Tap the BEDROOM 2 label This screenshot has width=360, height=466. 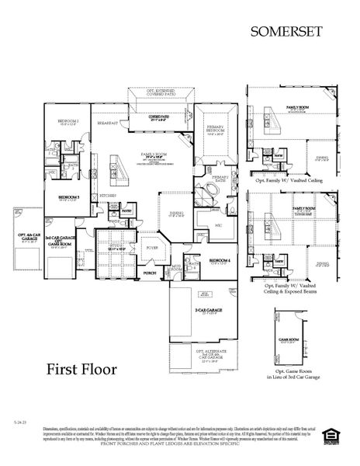click(x=69, y=121)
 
